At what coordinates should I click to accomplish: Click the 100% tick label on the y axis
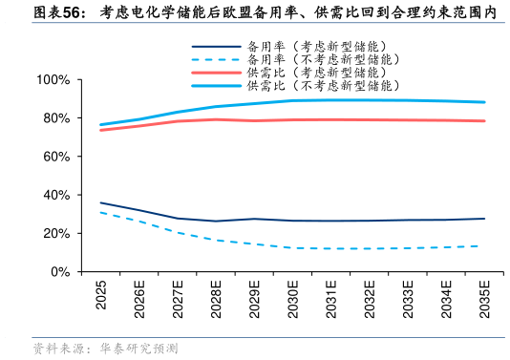53,79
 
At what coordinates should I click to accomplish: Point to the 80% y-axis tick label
56,118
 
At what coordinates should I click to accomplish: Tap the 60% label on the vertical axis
56,157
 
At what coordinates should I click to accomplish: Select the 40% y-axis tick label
56,195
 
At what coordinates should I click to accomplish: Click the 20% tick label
56,233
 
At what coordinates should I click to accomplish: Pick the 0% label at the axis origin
60,271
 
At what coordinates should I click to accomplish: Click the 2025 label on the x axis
101,295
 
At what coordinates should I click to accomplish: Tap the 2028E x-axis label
216,299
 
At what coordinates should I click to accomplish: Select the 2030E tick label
293,299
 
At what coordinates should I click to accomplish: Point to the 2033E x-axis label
408,299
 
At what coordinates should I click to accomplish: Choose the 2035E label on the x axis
484,299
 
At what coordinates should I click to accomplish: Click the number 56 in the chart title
72,13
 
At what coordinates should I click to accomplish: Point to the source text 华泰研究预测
139,349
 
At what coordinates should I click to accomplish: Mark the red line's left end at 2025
101,130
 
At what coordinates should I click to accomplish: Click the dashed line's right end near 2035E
478,245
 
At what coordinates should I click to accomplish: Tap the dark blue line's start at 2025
101,202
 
